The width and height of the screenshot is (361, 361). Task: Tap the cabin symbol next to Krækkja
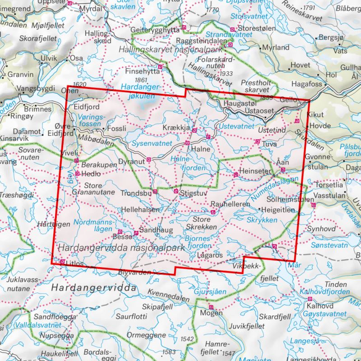[194, 130]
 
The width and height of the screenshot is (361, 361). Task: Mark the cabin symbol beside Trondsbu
[155, 192]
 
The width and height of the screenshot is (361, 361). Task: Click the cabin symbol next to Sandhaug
[136, 233]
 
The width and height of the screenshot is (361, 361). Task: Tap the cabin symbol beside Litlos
[62, 261]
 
